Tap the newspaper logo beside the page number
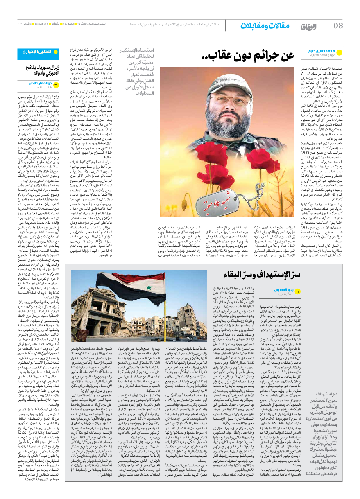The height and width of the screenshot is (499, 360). [x=310, y=26]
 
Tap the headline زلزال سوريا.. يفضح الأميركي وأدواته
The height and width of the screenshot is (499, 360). [x=41, y=70]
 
